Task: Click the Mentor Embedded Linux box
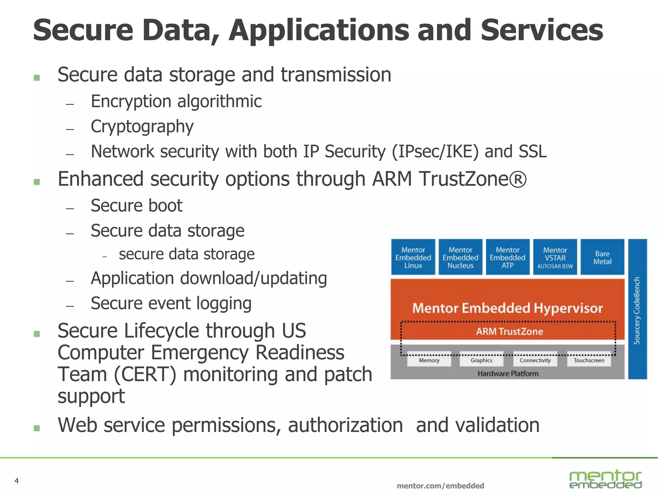[413, 257]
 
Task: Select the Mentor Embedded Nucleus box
[460, 257]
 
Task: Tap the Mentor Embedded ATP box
[507, 257]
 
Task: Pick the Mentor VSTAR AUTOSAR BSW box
[555, 257]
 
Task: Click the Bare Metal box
[602, 257]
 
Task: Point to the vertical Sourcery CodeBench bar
[637, 309]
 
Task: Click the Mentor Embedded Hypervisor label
[507, 308]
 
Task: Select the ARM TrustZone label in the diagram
[509, 331]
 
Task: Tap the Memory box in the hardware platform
[429, 360]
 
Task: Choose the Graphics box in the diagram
[481, 360]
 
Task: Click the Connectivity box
[535, 360]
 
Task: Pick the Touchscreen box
[589, 360]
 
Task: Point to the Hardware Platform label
[508, 374]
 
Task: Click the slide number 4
[17, 481]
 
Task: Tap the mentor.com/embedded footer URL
[440, 486]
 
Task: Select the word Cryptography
[142, 126]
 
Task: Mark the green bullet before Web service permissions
[37, 428]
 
